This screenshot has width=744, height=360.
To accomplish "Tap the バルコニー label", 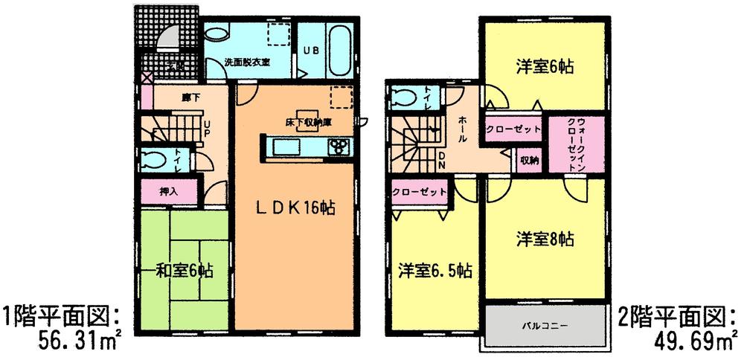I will (545, 325).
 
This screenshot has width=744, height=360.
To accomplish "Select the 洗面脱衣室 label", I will (248, 62).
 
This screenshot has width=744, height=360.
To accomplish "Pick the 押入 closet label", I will (169, 191).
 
